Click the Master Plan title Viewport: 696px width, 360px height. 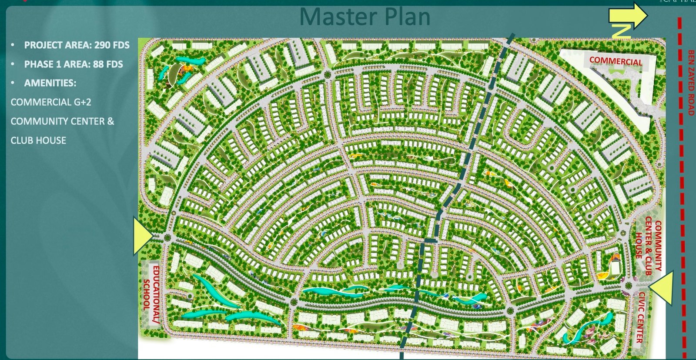365,17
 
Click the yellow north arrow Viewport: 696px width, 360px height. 628,15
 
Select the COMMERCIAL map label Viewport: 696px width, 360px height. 616,61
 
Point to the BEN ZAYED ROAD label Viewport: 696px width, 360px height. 691,83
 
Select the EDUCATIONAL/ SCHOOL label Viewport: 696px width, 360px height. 151,295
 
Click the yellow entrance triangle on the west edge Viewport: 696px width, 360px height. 141,236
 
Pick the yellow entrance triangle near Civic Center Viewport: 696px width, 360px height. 662,288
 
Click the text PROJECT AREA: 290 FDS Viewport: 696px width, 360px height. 77,45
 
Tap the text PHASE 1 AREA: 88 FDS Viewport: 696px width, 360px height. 74,64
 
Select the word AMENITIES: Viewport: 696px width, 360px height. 50,83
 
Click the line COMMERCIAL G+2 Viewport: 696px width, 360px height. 51,102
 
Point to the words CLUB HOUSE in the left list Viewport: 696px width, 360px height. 38,140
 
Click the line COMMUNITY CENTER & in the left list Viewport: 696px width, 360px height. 62,121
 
